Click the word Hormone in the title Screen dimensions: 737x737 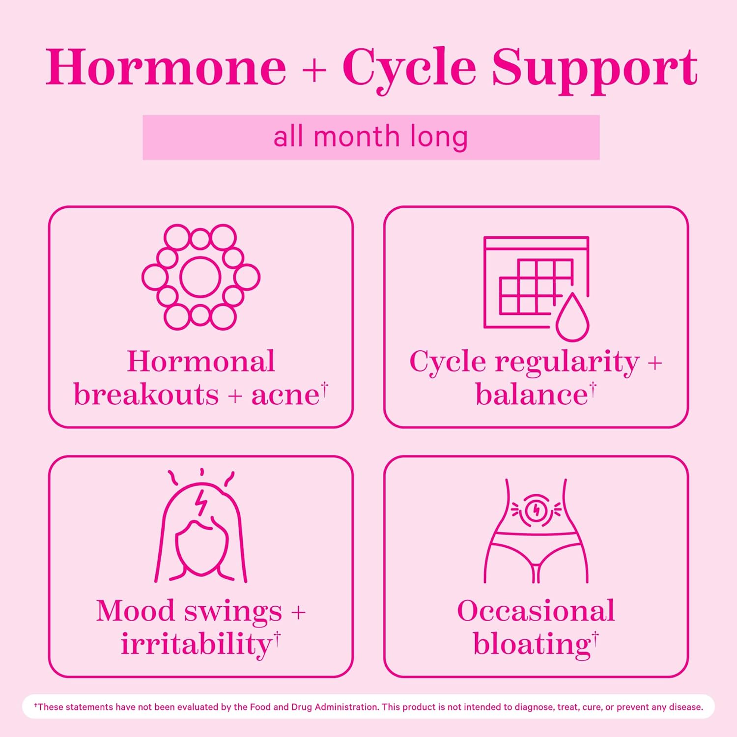tap(166, 67)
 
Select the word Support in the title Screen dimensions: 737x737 tap(595, 69)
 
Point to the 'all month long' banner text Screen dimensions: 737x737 tap(370, 137)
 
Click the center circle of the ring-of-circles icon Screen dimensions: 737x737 tap(200, 277)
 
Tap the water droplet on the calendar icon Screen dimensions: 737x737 tap(572, 318)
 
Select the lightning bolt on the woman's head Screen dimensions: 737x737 tap(201, 502)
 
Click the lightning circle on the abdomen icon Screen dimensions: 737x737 tap(536, 510)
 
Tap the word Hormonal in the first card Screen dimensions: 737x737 tap(201, 362)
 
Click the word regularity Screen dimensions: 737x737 tap(567, 363)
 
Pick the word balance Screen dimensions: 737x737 tap(532, 395)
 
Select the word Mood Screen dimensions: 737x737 tap(136, 611)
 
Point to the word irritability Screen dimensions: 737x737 tap(197, 644)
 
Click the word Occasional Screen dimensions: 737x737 tap(536, 611)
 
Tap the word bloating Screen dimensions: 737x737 tap(532, 644)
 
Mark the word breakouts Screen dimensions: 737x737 tap(146, 395)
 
